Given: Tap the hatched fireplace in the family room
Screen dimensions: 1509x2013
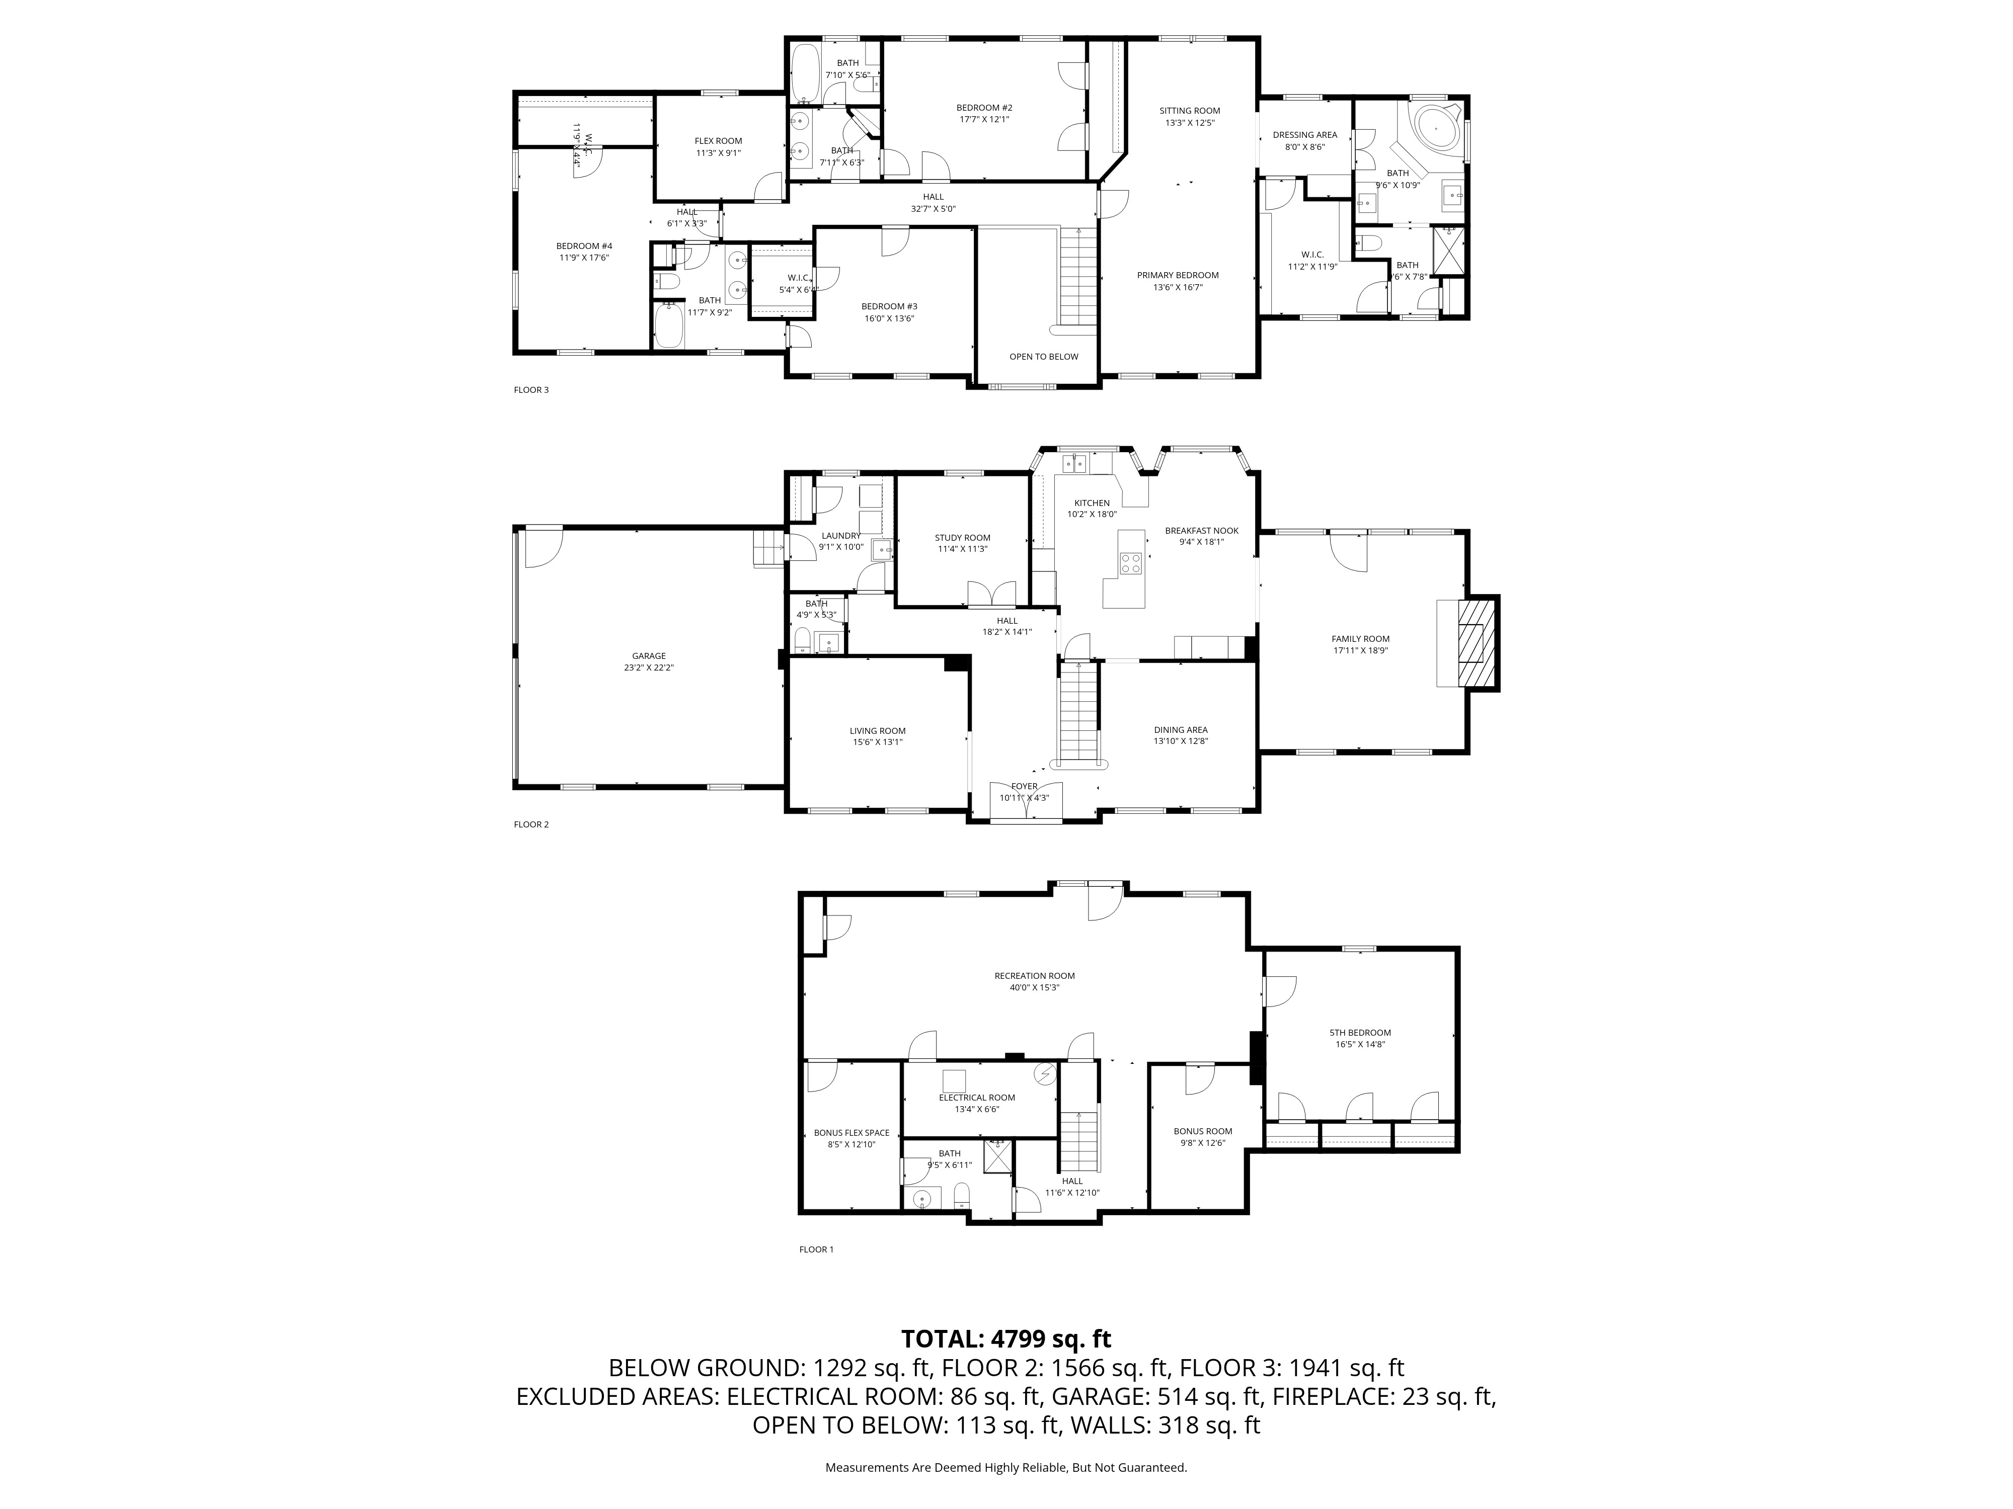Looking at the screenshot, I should [1477, 642].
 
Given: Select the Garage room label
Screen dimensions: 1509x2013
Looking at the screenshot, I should [649, 656].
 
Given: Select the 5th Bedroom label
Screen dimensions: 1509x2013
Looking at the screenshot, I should [1360, 1032].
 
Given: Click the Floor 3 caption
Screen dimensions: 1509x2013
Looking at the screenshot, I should [531, 390].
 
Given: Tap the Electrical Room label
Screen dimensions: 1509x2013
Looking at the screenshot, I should [976, 1097].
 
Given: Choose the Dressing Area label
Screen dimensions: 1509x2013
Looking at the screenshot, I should [1304, 135].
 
